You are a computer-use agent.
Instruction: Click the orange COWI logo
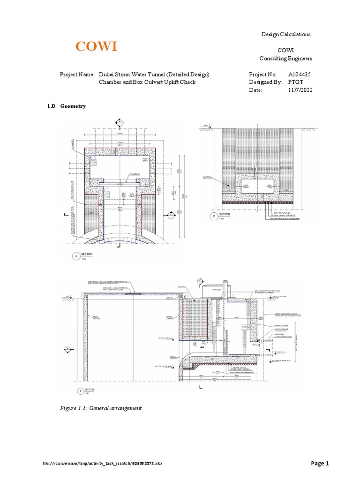(97, 46)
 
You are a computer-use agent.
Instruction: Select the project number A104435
(303, 75)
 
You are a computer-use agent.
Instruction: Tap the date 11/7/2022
(300, 90)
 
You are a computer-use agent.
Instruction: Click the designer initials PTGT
(297, 82)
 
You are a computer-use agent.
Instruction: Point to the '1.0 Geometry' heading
(66, 106)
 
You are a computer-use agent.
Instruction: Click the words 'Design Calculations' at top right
(286, 35)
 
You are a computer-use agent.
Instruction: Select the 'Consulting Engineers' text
(286, 58)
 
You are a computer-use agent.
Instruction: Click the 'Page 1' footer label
(321, 464)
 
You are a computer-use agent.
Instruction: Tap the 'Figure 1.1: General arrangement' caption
(101, 408)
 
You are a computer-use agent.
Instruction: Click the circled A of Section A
(74, 256)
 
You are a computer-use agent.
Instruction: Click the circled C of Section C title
(214, 216)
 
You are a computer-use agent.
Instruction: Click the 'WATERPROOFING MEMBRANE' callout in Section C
(284, 218)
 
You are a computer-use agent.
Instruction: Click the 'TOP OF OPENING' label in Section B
(162, 337)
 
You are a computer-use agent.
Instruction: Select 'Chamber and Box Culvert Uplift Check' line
(146, 82)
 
